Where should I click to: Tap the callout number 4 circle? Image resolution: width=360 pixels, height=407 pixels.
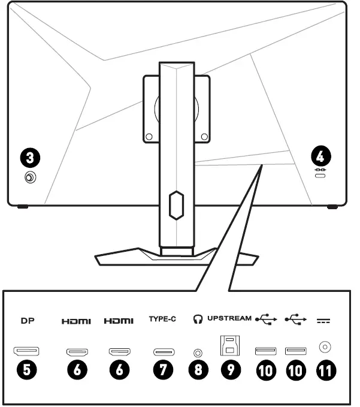click(320, 156)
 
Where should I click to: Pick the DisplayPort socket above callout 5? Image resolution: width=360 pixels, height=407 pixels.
click(26, 351)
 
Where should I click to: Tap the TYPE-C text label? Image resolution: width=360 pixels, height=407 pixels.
click(162, 319)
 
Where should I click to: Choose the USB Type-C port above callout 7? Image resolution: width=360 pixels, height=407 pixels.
click(163, 352)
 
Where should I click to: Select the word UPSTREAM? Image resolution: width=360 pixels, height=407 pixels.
click(229, 319)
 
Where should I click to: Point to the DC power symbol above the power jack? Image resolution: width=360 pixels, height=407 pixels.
click(325, 321)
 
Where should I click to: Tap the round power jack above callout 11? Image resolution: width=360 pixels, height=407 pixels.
click(325, 347)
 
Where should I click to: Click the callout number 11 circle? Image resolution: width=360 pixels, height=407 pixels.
click(325, 370)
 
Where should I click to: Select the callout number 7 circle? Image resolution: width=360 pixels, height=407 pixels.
click(163, 370)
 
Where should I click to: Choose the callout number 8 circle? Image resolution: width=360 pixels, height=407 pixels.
click(198, 370)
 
